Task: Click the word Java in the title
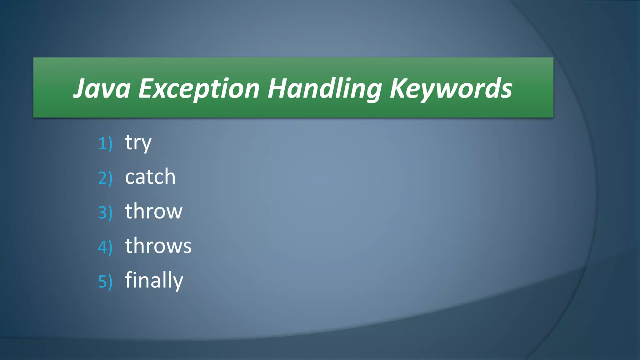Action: pyautogui.click(x=102, y=89)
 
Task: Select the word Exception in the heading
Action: pyautogui.click(x=199, y=89)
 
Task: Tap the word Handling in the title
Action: pyautogui.click(x=324, y=89)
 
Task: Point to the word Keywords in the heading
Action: pyautogui.click(x=451, y=89)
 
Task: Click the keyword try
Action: pyautogui.click(x=138, y=143)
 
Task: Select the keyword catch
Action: pyautogui.click(x=150, y=177)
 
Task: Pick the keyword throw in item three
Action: pyautogui.click(x=154, y=211)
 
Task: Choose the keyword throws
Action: pyautogui.click(x=158, y=246)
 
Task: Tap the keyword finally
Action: pyautogui.click(x=154, y=280)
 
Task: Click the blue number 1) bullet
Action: pyautogui.click(x=105, y=144)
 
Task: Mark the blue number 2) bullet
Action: pyautogui.click(x=105, y=178)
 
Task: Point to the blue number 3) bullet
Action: pyautogui.click(x=105, y=213)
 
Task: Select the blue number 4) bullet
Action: pyautogui.click(x=105, y=247)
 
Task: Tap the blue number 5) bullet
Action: pyautogui.click(x=105, y=282)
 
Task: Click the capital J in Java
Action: pyautogui.click(x=80, y=89)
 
